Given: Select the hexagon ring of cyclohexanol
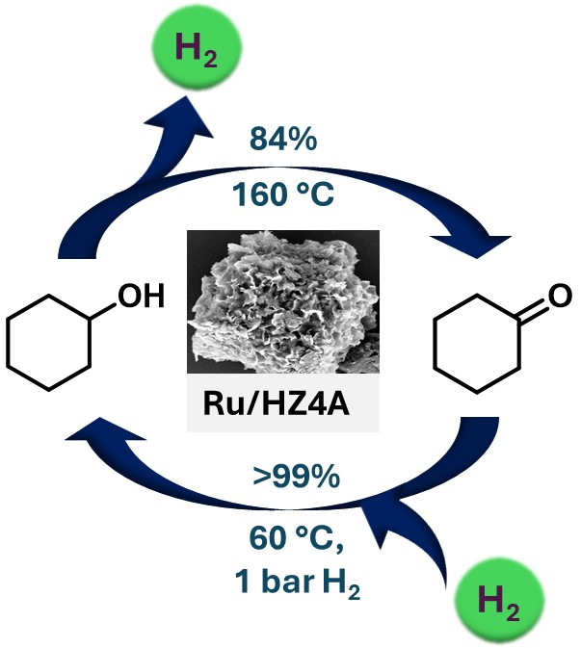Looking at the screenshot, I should pos(50,344).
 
